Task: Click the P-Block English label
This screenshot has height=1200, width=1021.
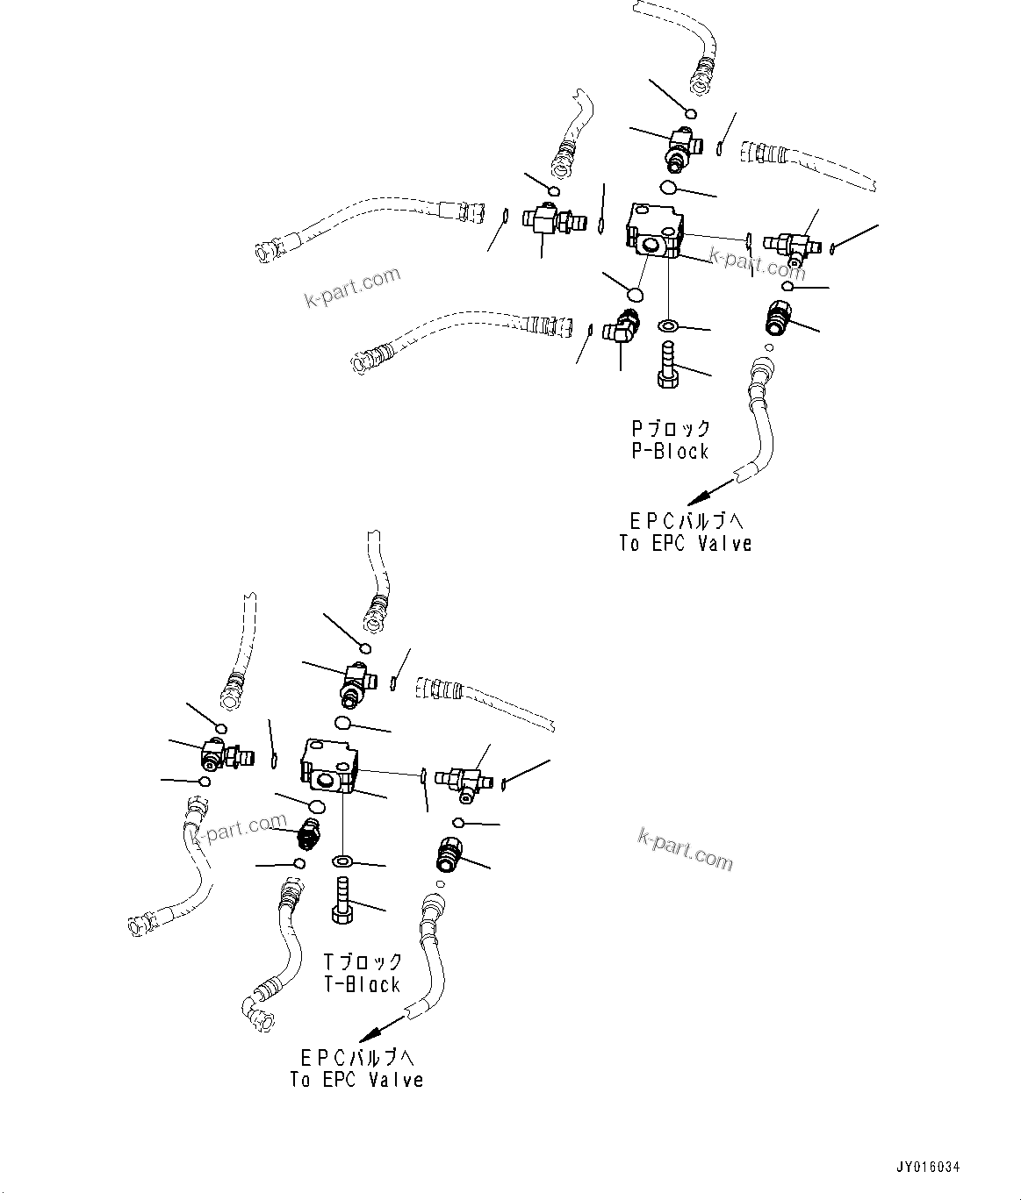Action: click(669, 452)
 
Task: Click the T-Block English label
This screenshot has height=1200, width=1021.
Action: click(362, 985)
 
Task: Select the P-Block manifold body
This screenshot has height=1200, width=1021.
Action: click(655, 231)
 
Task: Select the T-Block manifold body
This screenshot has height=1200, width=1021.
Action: click(328, 764)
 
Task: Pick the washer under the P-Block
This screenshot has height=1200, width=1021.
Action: click(668, 326)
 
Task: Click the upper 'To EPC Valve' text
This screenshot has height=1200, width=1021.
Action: click(685, 544)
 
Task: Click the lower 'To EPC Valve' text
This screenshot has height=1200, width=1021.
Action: click(356, 1081)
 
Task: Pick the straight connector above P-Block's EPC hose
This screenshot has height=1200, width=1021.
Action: click(777, 318)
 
